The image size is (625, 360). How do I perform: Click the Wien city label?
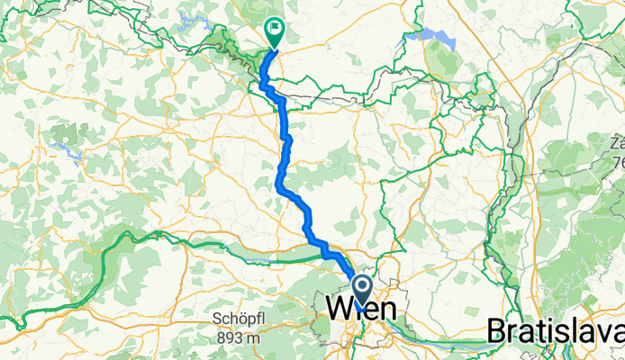365,309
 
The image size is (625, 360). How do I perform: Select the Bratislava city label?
555,330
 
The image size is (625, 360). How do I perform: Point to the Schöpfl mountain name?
237,320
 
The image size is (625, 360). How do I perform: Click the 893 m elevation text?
237,337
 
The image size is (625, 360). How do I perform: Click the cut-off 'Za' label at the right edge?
616,144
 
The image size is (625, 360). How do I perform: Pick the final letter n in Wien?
393,309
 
